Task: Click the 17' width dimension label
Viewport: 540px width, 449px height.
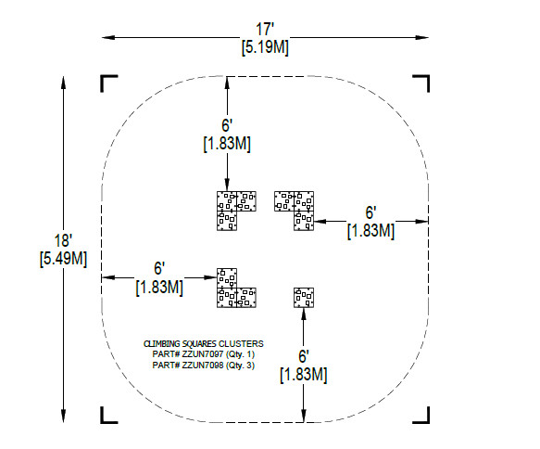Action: pos(264,29)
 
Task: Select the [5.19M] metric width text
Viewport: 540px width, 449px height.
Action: pos(265,47)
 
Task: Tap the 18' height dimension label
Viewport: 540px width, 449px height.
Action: pos(63,240)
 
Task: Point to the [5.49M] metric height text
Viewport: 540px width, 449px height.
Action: pos(63,259)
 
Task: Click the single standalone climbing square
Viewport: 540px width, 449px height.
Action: pos(304,298)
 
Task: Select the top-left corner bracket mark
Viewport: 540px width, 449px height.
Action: pos(104,78)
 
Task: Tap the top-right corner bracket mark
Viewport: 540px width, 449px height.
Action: pos(426,78)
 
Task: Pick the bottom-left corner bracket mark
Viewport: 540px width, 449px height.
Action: pos(104,420)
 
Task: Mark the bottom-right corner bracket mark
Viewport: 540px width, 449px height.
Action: pos(426,420)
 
